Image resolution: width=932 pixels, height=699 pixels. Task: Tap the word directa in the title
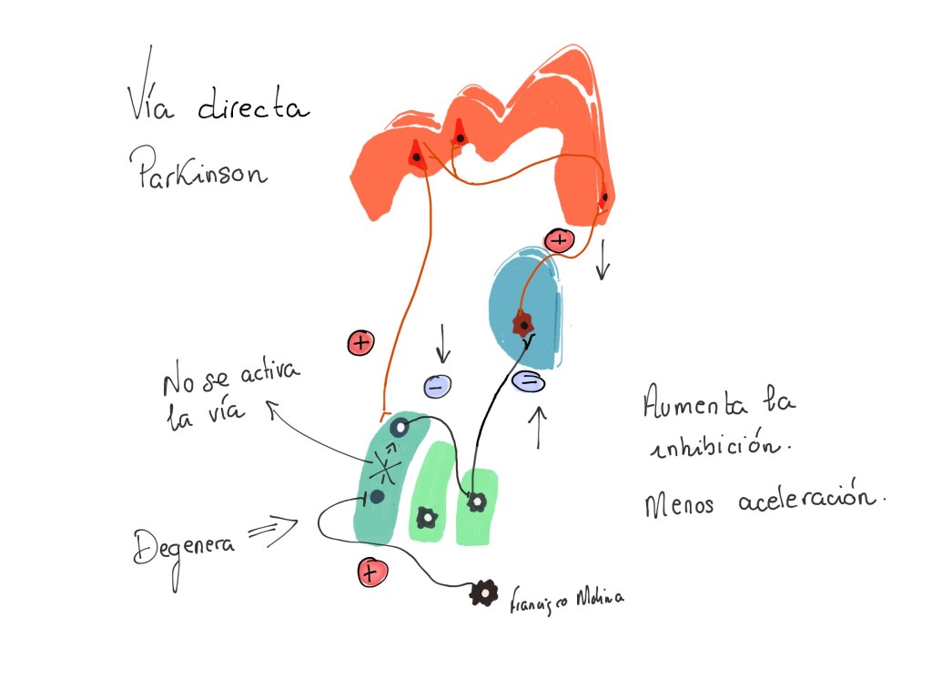click(253, 109)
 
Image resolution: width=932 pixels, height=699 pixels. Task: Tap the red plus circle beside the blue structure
click(559, 240)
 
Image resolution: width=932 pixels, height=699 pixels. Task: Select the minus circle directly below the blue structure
click(528, 381)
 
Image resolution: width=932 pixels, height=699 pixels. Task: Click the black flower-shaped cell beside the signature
click(483, 593)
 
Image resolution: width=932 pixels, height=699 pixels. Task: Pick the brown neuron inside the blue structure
click(523, 322)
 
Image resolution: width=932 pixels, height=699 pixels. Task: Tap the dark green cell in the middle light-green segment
click(426, 518)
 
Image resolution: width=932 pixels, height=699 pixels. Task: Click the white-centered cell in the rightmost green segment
click(474, 501)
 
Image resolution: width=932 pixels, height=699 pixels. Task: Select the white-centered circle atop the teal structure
click(399, 426)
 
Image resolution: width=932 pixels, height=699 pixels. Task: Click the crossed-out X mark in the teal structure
click(386, 468)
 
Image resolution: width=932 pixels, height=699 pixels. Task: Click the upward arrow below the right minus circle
click(539, 426)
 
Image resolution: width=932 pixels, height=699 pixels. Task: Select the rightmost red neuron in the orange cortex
click(604, 197)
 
